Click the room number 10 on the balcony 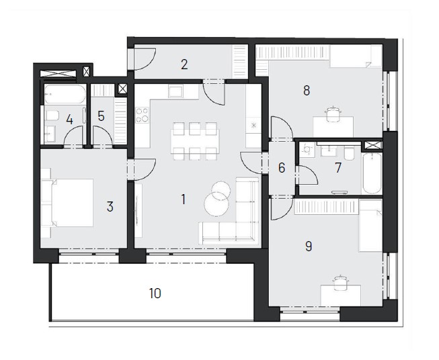(x=155, y=294)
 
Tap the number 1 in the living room (x=184, y=199)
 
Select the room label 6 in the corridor (x=282, y=167)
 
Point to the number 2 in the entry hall (x=184, y=64)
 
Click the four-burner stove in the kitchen (x=143, y=115)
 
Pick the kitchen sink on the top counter (x=175, y=92)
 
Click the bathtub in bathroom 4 (x=65, y=94)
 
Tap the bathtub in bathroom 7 (x=372, y=173)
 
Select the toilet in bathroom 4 (x=52, y=116)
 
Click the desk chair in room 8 (x=333, y=114)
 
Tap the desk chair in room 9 (x=340, y=283)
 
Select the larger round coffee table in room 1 (x=216, y=204)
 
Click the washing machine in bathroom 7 (x=307, y=150)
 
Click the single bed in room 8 (x=356, y=57)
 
